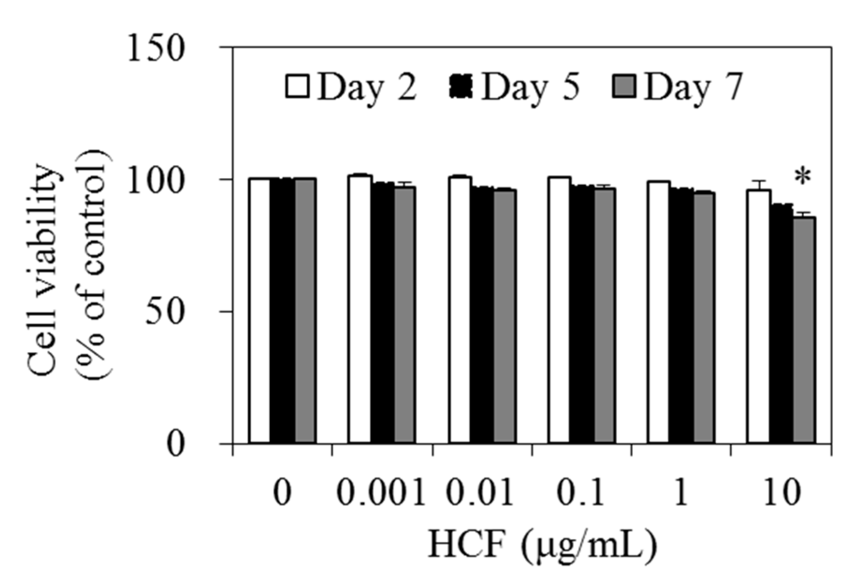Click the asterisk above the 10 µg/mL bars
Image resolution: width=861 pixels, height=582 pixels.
[x=802, y=178]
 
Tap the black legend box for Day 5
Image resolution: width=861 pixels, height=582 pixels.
[x=460, y=87]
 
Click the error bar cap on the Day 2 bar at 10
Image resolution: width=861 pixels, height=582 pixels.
[x=759, y=181]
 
